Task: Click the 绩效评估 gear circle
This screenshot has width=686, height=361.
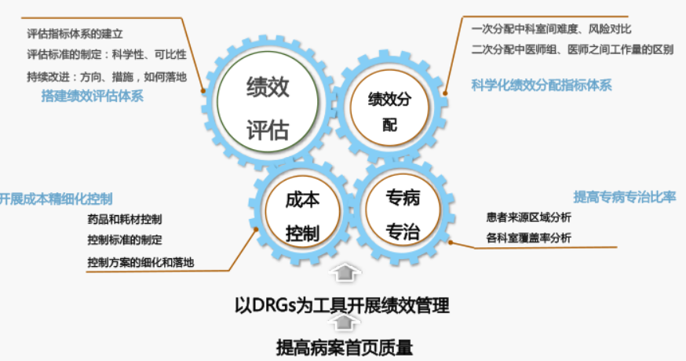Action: point(268,102)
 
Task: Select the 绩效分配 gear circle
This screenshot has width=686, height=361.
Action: point(389,108)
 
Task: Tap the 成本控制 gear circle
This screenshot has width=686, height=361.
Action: point(302,212)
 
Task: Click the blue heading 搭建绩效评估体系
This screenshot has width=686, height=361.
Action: point(93,96)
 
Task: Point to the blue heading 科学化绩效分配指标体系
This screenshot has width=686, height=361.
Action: point(542,85)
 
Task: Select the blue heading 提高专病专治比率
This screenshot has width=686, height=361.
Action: point(625,197)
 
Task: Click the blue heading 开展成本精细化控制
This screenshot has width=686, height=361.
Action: point(56,199)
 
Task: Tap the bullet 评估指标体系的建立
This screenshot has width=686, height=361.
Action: point(75,34)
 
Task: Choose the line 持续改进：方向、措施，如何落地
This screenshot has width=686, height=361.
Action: point(107,77)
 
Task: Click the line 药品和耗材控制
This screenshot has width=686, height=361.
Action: point(125,219)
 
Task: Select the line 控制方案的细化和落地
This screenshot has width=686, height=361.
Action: point(140,262)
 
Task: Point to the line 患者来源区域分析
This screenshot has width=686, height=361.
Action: point(528,217)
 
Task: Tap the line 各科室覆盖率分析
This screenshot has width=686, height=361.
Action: point(528,238)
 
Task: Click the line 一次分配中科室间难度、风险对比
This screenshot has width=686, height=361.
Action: point(551,29)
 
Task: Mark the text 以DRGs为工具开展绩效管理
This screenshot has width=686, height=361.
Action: point(342,305)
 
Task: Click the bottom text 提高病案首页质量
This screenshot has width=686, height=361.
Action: point(345,348)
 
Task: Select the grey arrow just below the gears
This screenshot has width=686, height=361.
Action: point(345,272)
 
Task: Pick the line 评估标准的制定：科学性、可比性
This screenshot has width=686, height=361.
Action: point(107,55)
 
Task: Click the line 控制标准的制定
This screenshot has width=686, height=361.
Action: point(125,240)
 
